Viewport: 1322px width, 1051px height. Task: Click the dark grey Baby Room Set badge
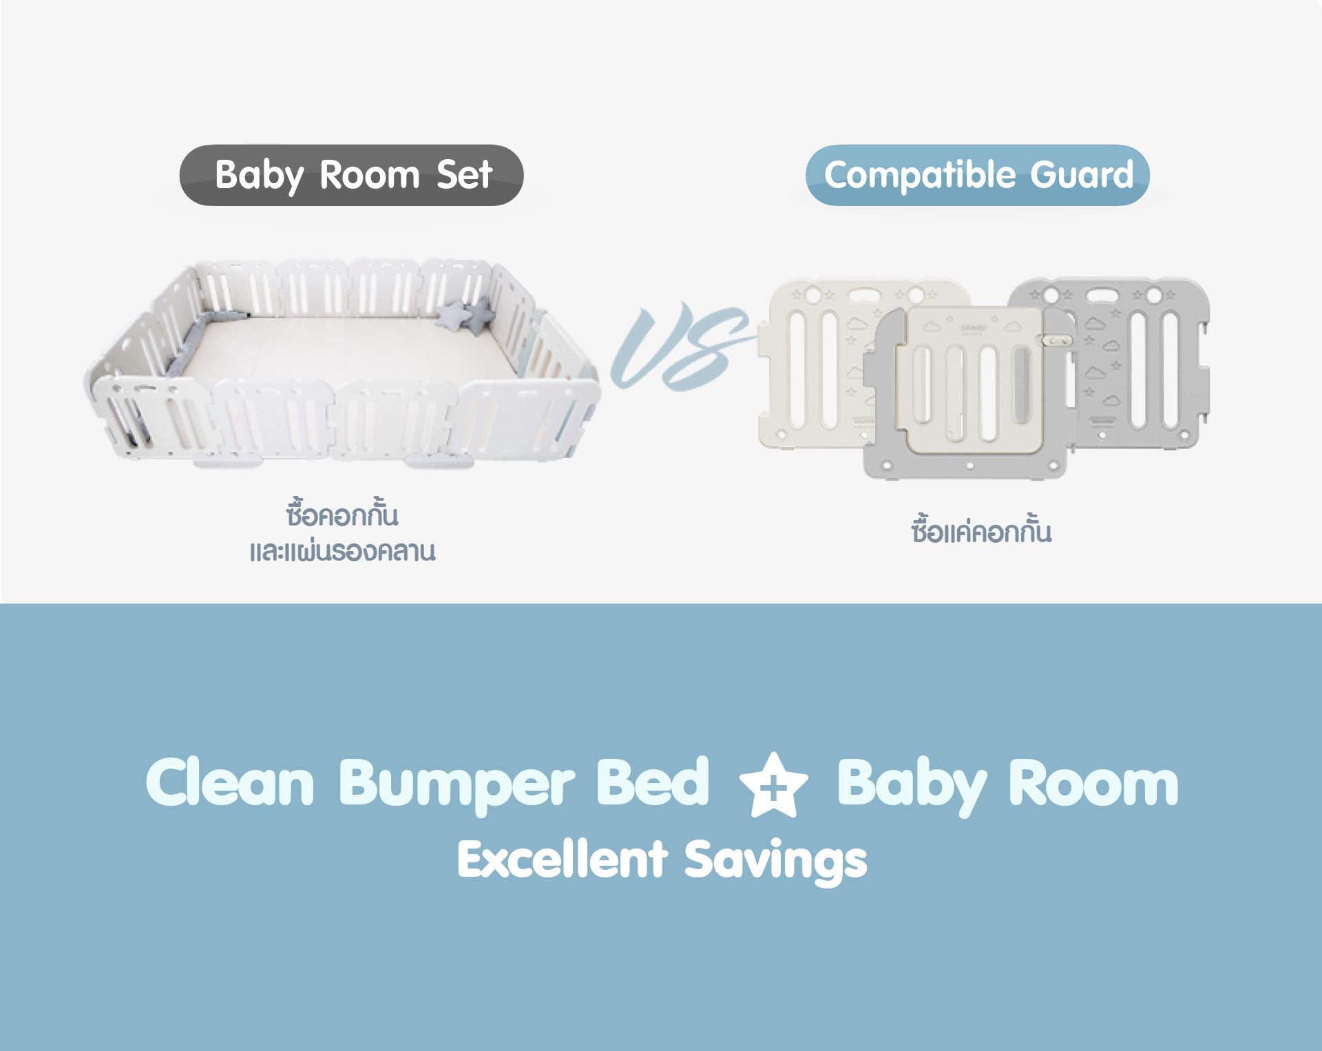351,175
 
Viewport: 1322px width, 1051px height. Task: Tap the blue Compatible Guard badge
978,175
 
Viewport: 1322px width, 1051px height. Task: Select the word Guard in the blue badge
1082,174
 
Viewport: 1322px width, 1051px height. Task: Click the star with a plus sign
773,785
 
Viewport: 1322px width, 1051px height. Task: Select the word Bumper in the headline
457,785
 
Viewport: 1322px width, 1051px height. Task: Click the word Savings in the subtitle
776,862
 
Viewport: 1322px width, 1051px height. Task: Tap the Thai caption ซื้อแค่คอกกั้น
981,530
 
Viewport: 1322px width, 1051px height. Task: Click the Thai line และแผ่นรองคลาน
342,551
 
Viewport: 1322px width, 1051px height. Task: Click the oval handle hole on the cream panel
863,296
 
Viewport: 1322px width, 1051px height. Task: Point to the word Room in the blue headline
1093,783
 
